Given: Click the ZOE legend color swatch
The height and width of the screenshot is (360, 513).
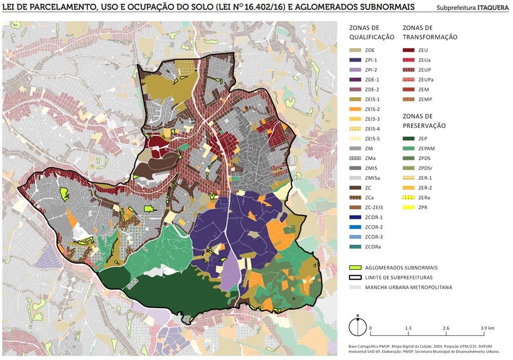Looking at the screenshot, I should [355, 50].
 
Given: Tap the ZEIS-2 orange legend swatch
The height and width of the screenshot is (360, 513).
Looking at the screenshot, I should [355, 109].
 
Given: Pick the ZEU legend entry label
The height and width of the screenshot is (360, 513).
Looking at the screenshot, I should [423, 50].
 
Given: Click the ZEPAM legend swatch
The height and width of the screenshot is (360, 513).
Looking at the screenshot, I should [409, 148].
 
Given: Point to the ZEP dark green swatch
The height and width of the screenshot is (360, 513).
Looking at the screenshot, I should [409, 139].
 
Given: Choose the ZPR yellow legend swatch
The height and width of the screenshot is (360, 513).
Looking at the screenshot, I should [409, 207].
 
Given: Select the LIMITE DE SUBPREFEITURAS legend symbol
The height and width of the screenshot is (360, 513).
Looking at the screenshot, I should [355, 277].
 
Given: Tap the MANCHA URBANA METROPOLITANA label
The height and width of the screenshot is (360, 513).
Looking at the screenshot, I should [408, 287].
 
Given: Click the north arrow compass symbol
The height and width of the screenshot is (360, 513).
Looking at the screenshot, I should [358, 326].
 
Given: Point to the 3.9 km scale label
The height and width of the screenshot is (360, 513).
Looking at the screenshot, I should [487, 328].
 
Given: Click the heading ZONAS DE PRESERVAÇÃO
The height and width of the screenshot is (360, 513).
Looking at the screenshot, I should [424, 121].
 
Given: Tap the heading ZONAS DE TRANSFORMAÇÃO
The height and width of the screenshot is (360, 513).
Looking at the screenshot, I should [430, 33].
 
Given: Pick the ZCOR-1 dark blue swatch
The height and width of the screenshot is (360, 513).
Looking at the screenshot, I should [355, 217].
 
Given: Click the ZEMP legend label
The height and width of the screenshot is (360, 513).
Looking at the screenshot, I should [425, 99].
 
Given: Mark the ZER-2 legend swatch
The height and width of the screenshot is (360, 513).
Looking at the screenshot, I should [409, 188].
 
